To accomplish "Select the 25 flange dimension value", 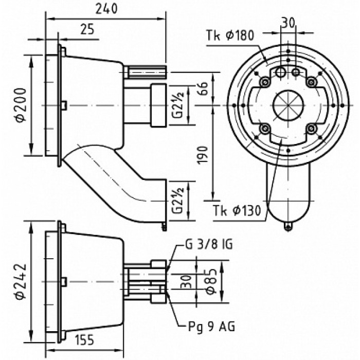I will pos(87,29).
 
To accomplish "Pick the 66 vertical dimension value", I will pos(202,89).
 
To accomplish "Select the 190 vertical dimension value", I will pos(202,156).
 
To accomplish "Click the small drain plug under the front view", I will pos(287,225).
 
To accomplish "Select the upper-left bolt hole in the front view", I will pos(265,82).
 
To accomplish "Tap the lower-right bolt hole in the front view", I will pos(310,128).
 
